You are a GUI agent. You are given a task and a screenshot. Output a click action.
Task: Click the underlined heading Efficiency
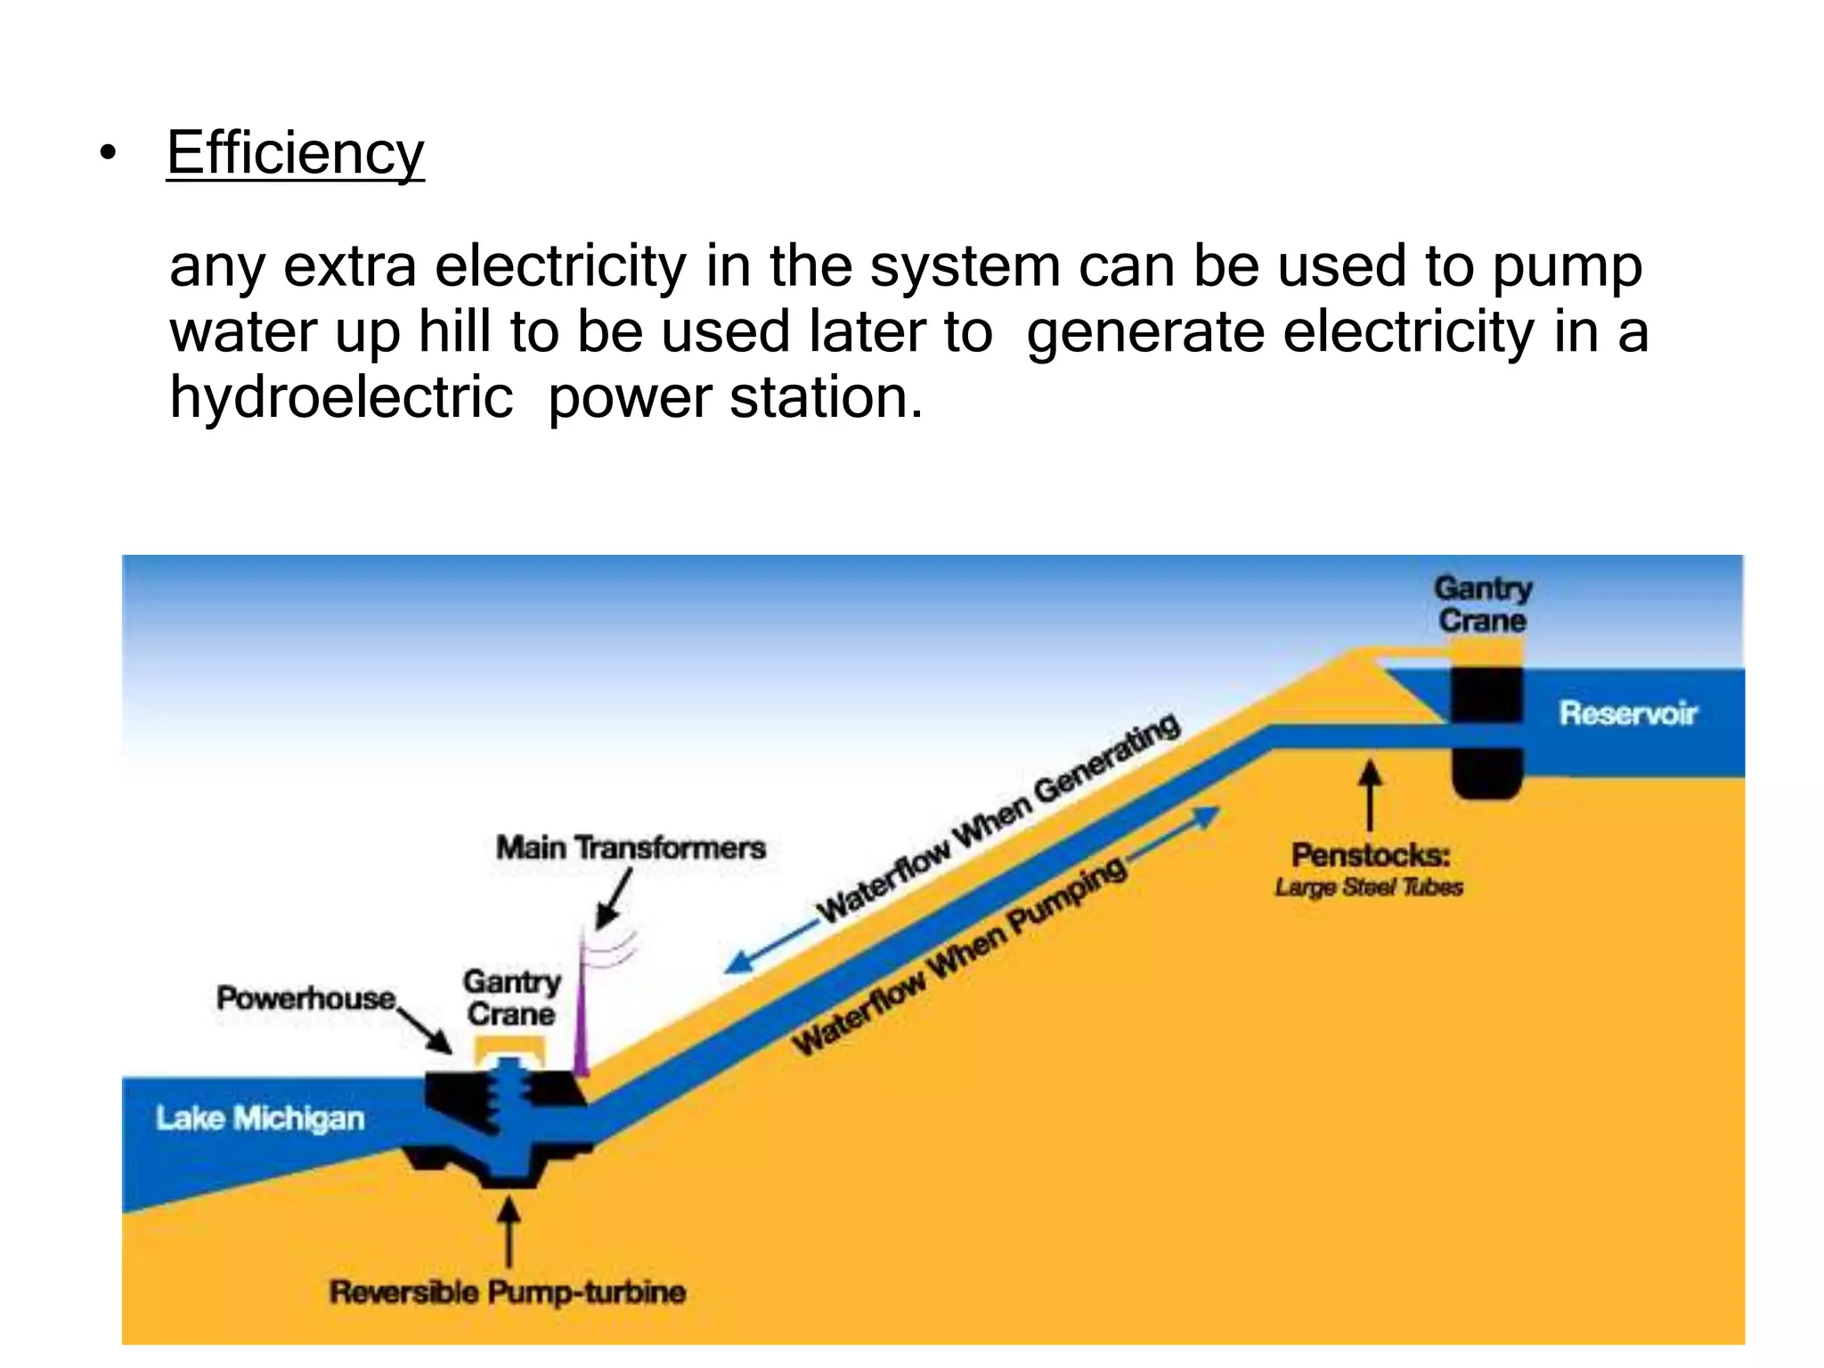(x=295, y=153)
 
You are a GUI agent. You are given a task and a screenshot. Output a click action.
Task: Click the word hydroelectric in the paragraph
(x=341, y=397)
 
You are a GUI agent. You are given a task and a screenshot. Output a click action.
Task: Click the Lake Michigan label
(x=260, y=1118)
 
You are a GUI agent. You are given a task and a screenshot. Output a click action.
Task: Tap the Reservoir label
(x=1628, y=713)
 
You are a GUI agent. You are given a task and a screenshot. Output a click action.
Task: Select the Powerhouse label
(x=305, y=998)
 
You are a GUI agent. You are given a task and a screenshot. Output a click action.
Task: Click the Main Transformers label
(x=631, y=847)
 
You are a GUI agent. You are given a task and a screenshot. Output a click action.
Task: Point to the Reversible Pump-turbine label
(x=508, y=1291)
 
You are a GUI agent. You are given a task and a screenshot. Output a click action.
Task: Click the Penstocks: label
(x=1371, y=855)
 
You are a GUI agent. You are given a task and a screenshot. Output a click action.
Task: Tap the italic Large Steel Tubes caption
(x=1369, y=887)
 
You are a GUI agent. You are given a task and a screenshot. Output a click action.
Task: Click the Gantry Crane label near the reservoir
(x=1483, y=604)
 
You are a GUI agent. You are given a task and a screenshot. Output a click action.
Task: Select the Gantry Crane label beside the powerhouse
(x=511, y=997)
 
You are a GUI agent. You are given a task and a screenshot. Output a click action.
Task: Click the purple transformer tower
(x=581, y=1024)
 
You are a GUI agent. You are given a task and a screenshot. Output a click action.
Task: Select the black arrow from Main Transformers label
(x=614, y=900)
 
